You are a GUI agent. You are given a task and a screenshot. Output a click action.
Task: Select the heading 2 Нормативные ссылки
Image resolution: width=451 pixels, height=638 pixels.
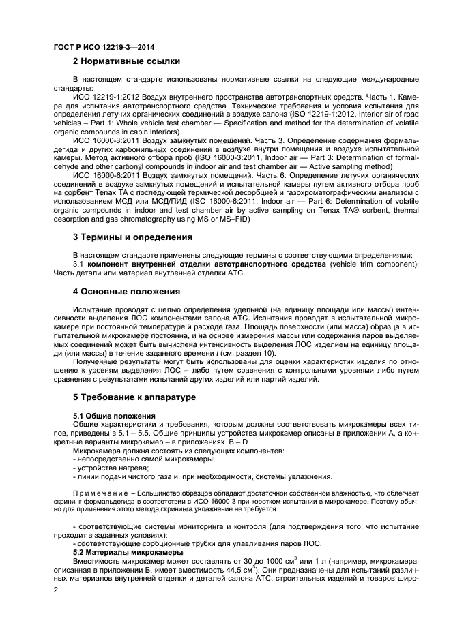click(126, 62)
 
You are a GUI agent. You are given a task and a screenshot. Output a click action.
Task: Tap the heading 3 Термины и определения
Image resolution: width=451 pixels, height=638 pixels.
click(132, 238)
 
